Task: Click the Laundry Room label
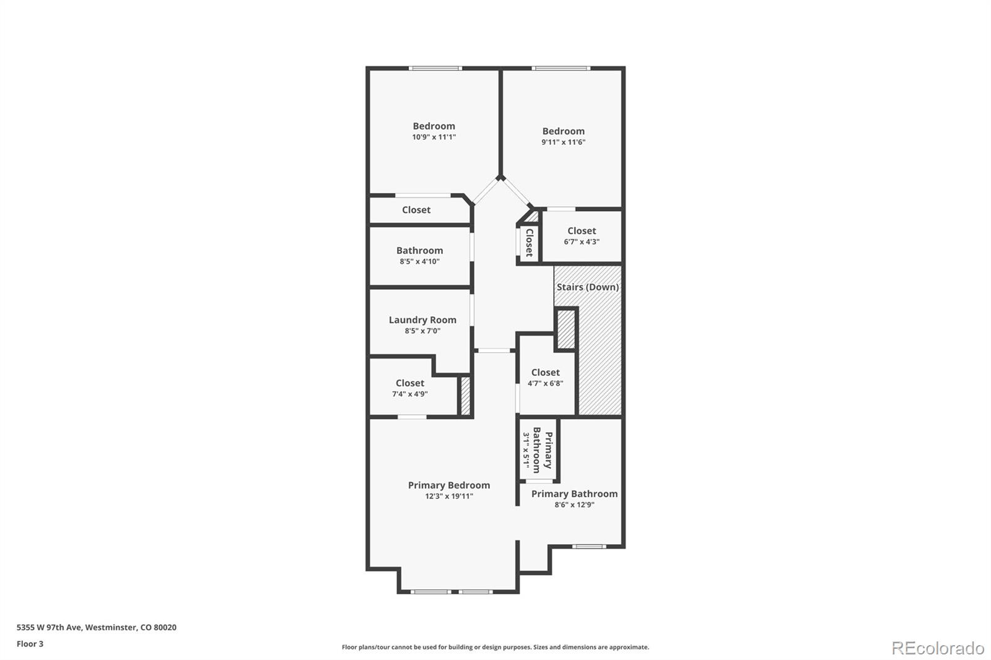click(422, 319)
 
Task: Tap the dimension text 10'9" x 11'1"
click(434, 137)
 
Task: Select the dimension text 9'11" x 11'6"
click(563, 142)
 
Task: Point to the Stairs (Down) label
click(587, 287)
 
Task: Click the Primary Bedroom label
click(448, 485)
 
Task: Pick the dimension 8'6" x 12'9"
click(574, 505)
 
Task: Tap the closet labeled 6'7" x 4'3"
click(582, 236)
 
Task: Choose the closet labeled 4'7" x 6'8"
click(545, 377)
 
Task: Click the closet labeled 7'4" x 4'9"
click(410, 388)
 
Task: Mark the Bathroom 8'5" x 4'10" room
click(419, 256)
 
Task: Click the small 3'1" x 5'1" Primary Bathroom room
click(538, 451)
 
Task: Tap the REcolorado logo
click(937, 648)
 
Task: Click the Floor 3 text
click(30, 644)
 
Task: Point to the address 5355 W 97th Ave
click(96, 627)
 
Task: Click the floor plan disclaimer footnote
click(495, 647)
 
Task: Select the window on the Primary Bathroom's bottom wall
click(588, 546)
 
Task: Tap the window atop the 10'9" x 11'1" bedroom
click(435, 68)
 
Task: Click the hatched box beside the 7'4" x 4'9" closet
click(465, 396)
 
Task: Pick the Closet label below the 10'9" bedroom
click(416, 210)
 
